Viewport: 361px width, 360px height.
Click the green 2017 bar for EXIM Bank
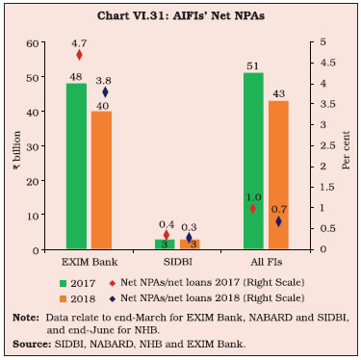tap(76, 167)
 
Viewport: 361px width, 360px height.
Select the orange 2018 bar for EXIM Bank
tap(101, 180)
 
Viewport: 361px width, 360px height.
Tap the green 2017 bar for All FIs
tap(253, 161)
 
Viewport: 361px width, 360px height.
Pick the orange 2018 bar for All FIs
tap(278, 175)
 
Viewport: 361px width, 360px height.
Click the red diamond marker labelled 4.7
tap(79, 55)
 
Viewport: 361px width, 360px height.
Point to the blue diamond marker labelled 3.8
tap(105, 92)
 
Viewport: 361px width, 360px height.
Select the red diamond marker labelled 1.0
tap(253, 209)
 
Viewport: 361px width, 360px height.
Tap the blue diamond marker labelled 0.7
tap(278, 221)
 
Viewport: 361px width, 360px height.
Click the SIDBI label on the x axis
tap(178, 262)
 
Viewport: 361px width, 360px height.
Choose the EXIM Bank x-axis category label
tap(90, 262)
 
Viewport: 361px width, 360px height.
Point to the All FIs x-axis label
tap(267, 262)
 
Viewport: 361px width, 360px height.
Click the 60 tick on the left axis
tap(32, 43)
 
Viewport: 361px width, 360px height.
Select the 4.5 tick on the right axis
tap(327, 63)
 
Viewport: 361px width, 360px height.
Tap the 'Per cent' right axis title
tap(346, 150)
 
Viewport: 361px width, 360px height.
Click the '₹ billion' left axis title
tap(16, 150)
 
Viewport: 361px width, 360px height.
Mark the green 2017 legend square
tap(64, 284)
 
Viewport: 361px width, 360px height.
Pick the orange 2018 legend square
tap(64, 299)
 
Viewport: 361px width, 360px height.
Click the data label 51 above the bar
tap(253, 66)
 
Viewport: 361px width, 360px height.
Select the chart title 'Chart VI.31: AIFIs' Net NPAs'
tap(181, 16)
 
